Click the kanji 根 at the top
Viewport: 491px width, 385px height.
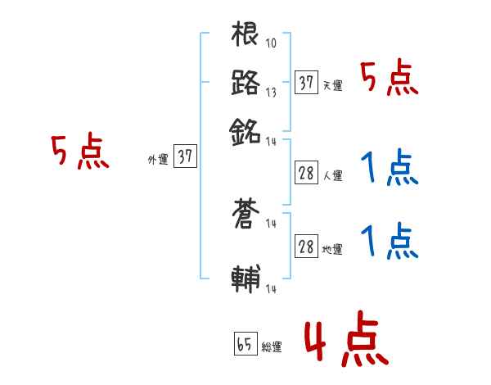(245, 36)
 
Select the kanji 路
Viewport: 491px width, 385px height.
(245, 83)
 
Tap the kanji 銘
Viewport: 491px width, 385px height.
(245, 130)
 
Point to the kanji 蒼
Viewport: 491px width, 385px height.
(245, 217)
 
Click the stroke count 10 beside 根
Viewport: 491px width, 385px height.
(271, 43)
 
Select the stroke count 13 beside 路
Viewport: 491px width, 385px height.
(271, 92)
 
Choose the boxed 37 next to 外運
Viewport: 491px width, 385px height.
(186, 156)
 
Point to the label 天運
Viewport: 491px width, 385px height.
(332, 85)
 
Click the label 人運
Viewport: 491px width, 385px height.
(332, 175)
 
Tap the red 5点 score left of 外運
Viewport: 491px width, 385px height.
(79, 153)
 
